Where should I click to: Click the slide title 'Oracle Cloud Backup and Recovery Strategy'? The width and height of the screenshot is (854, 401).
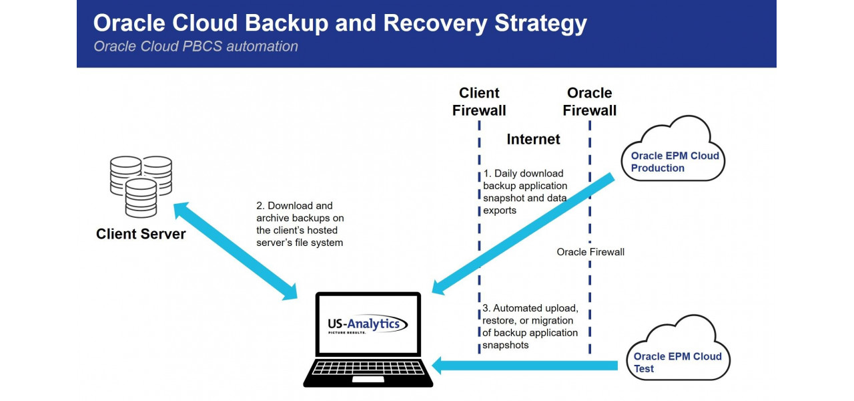340,23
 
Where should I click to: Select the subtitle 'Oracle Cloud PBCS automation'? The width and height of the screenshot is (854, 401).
195,47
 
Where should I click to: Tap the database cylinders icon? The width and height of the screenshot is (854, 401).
141,185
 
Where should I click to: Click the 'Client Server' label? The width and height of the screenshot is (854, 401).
141,234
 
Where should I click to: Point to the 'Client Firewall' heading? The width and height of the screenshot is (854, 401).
479,102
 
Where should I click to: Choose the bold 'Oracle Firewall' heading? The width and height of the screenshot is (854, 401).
589,102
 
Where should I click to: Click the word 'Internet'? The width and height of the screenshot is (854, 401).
533,139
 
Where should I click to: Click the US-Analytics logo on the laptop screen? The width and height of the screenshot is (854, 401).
367,325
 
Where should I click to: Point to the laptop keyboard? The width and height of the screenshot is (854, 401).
368,368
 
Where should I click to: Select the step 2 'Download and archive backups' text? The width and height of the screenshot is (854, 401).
300,224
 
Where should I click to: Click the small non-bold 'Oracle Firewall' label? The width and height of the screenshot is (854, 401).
590,252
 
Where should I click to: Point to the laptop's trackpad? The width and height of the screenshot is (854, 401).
368,380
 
